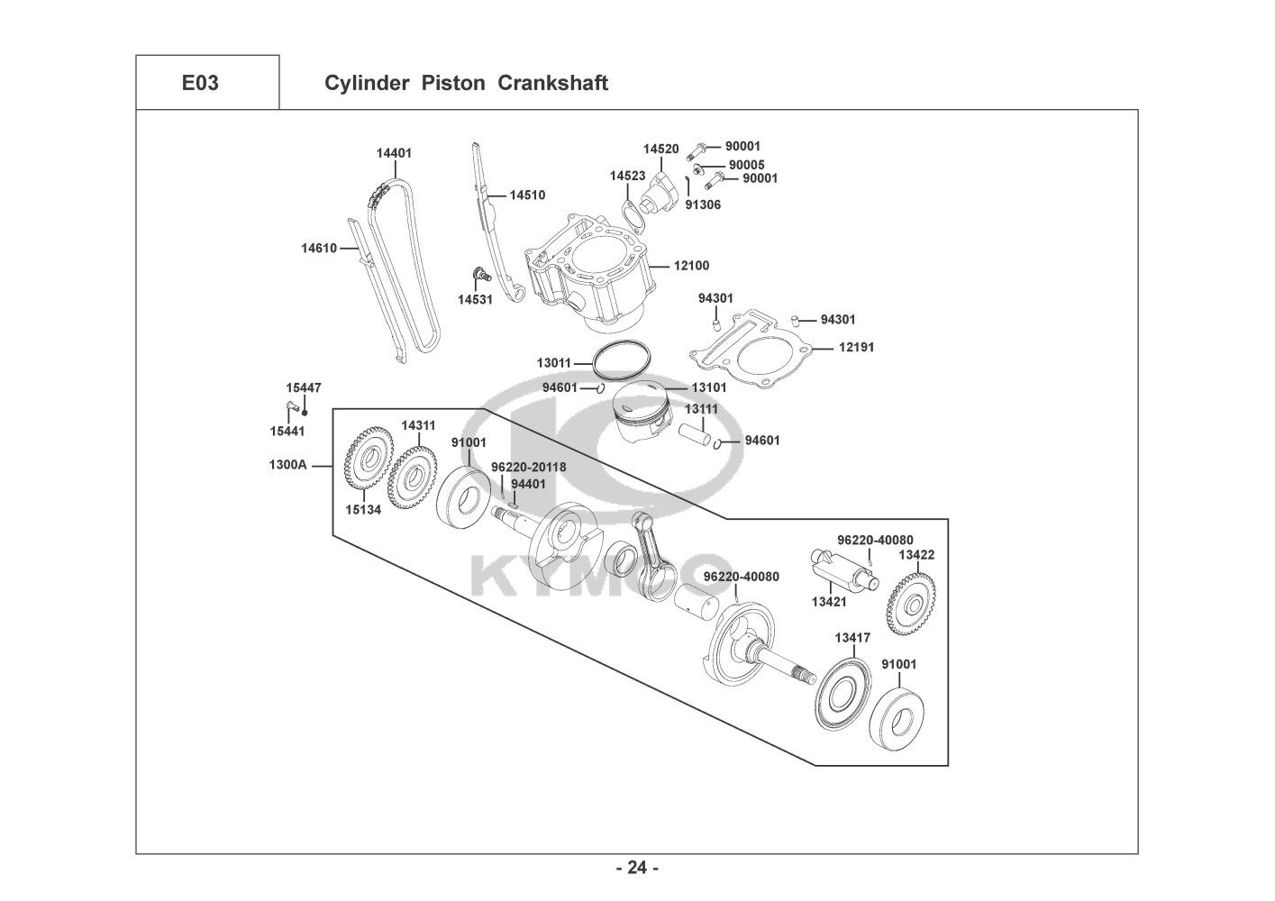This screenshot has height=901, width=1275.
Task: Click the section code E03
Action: (x=200, y=83)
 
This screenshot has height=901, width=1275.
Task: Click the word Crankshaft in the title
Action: (x=552, y=83)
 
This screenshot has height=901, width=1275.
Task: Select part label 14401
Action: (x=394, y=153)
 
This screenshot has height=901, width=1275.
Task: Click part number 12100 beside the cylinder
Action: (x=692, y=266)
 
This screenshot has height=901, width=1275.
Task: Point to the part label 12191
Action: (x=857, y=347)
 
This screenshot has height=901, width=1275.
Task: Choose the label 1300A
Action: (x=288, y=465)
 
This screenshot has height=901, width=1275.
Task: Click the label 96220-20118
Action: (x=529, y=468)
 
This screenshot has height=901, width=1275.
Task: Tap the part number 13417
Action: (x=852, y=638)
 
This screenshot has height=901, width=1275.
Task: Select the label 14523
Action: (x=628, y=176)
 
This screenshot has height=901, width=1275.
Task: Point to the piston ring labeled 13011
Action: (x=622, y=359)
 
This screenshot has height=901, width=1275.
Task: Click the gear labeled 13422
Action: (x=911, y=607)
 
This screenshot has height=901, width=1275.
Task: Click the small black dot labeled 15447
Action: (x=305, y=413)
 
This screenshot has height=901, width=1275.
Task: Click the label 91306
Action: (x=703, y=205)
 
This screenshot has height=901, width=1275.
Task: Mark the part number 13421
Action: (x=829, y=602)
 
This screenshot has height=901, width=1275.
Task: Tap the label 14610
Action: (x=319, y=248)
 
